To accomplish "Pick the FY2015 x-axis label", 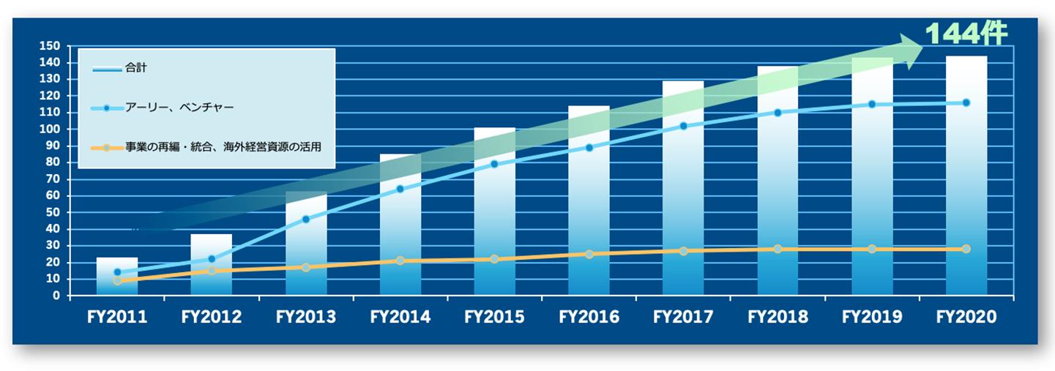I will (x=494, y=318).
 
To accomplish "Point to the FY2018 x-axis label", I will (x=778, y=318).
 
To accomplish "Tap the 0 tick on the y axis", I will (x=55, y=296).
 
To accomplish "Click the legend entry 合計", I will (x=135, y=68).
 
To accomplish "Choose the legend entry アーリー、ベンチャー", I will (x=179, y=108).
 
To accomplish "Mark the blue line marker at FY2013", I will (x=305, y=219).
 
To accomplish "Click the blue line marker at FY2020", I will (x=966, y=103).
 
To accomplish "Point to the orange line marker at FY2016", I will (x=589, y=254).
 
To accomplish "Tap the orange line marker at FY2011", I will (x=117, y=280).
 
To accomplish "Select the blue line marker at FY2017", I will (x=683, y=126).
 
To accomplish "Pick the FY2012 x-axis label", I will (x=212, y=318).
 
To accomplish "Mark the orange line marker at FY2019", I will (x=871, y=249).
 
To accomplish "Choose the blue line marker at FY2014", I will (x=400, y=189).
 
